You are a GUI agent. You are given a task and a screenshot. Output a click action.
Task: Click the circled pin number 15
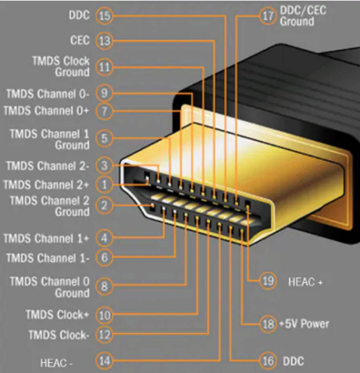104,16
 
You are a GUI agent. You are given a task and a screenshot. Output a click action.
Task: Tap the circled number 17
267,16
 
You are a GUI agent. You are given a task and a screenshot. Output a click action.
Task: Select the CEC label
80,40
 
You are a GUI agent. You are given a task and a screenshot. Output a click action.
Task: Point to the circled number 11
104,67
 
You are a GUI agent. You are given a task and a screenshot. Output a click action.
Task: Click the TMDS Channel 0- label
48,94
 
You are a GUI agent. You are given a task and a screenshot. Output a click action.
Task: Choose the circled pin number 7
104,111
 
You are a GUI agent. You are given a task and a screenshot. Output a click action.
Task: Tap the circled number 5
104,138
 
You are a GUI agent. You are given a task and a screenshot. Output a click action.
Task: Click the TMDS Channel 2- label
48,166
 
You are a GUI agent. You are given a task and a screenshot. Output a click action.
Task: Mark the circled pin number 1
104,184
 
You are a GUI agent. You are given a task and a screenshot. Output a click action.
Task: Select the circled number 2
104,205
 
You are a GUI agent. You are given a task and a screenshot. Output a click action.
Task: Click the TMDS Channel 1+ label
46,239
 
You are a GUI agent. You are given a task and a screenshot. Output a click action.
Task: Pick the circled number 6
104,257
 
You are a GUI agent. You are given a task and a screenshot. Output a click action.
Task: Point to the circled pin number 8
104,286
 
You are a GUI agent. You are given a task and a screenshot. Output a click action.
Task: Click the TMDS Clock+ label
57,314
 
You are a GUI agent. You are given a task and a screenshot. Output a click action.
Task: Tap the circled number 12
104,335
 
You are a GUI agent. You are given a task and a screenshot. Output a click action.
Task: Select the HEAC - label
56,363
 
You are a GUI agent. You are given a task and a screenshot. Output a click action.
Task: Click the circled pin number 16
267,361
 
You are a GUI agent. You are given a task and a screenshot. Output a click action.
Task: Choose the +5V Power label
304,324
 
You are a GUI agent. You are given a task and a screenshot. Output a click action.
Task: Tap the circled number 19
267,281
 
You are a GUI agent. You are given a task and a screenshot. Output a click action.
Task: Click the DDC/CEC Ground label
303,16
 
